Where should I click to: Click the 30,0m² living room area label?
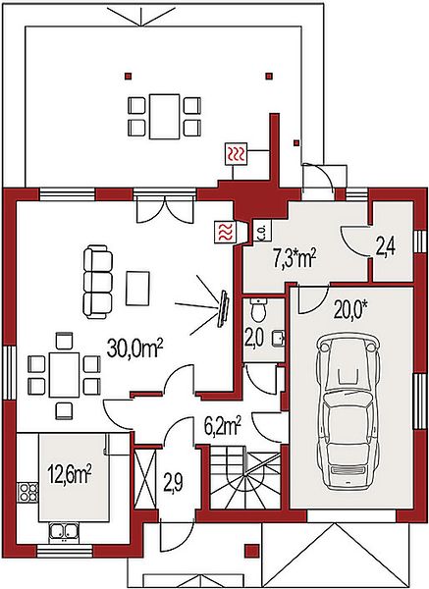134,348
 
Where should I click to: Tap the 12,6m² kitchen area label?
70,474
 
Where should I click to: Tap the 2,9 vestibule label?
174,482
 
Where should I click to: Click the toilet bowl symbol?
258,309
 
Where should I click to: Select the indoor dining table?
64,375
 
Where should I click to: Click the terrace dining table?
164,117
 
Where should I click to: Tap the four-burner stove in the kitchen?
28,493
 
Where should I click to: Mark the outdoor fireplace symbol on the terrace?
237,154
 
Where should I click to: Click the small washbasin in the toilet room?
280,337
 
